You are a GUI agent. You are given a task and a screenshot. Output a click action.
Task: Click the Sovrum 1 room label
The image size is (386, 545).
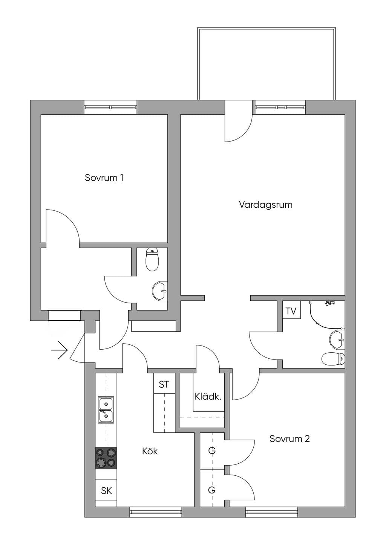[104, 178]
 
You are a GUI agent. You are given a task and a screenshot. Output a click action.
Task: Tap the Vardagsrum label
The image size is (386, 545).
[266, 205]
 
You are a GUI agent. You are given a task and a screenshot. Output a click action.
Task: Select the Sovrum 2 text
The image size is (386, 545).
[289, 439]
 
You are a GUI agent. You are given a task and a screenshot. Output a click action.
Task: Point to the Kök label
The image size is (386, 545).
[150, 451]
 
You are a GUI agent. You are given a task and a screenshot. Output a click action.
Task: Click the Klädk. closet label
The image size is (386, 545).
[208, 397]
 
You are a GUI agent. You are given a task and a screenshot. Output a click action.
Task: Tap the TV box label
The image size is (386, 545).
[291, 311]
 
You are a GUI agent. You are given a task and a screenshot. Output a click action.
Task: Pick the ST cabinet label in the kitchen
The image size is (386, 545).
[164, 384]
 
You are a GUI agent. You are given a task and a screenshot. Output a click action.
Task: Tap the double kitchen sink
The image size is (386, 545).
[106, 410]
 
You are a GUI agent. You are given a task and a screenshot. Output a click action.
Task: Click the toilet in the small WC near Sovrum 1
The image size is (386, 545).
[152, 259]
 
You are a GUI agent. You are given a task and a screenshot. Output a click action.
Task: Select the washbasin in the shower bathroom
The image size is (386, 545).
[337, 339]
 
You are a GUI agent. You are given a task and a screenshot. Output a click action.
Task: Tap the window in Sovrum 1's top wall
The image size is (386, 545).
[110, 107]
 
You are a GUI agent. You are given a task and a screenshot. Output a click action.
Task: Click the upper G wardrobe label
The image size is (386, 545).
[212, 451]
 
